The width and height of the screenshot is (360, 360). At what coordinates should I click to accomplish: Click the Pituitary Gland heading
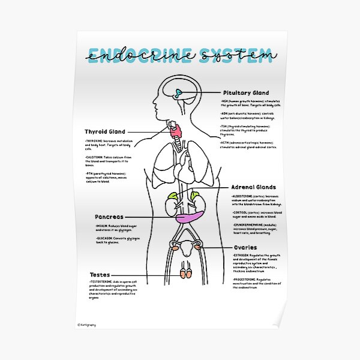[246, 93]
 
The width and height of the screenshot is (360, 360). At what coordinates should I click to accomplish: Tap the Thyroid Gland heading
[104, 131]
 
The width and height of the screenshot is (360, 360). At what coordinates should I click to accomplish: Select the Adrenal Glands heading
[254, 187]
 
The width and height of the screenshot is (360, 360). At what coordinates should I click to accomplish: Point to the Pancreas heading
[109, 217]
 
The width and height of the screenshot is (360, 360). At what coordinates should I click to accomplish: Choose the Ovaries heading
[245, 247]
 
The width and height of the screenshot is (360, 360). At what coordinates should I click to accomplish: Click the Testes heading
[100, 274]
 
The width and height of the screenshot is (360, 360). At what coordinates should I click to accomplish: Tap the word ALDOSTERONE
[244, 196]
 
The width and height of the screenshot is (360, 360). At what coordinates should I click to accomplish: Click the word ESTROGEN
[241, 256]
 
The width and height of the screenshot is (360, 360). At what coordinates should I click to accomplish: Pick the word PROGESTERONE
[245, 280]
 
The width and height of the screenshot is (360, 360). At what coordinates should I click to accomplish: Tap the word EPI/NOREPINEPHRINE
[250, 224]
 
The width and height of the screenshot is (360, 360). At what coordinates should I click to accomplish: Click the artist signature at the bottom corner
[88, 325]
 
